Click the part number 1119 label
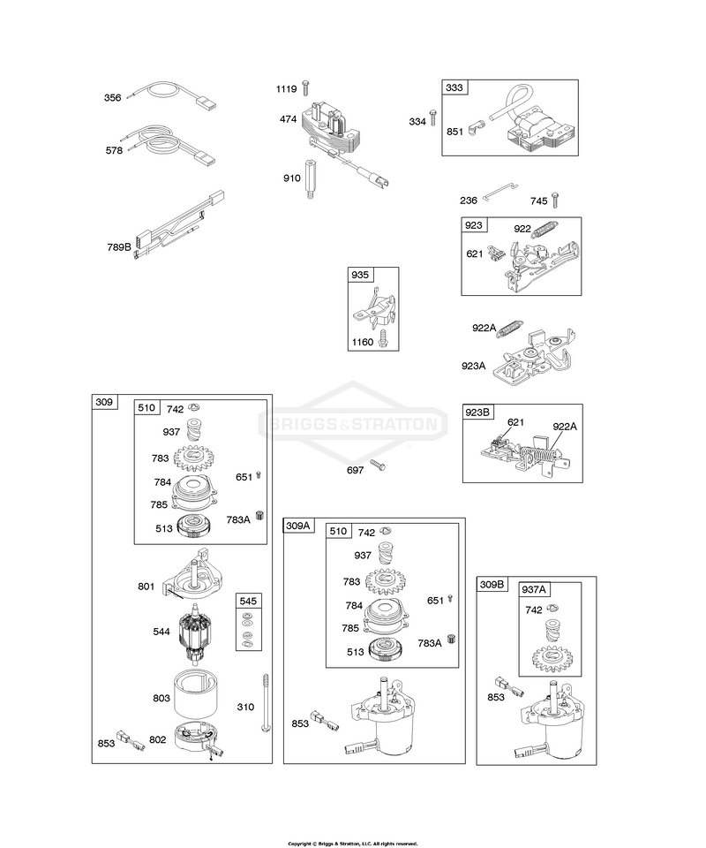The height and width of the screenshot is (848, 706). tap(286, 88)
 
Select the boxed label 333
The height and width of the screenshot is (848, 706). tap(454, 87)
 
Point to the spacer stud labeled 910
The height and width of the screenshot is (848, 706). tap(310, 179)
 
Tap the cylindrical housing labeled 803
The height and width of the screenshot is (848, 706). tap(195, 693)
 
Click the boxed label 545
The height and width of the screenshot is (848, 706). tap(248, 601)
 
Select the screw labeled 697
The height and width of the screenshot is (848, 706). tap(378, 465)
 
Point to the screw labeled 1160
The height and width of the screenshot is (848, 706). tap(383, 338)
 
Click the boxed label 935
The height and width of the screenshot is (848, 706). tap(360, 275)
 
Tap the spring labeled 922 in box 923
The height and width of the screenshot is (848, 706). tap(545, 228)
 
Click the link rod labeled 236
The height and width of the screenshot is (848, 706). tap(500, 191)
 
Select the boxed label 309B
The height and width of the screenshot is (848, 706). tap(492, 585)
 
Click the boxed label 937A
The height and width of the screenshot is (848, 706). tap(533, 589)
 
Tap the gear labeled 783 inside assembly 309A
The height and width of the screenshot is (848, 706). tap(385, 583)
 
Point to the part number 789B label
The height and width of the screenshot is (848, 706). tap(119, 247)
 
